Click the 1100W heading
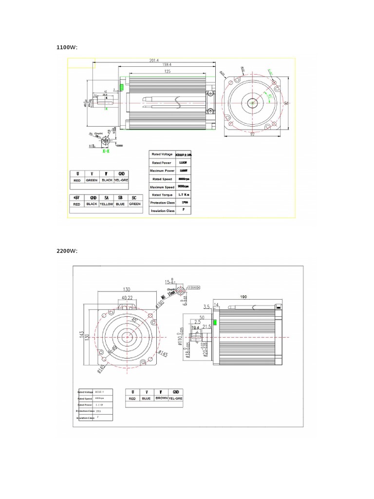coord(68,47)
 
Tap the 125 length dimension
coord(168,72)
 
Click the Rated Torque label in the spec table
coord(163,195)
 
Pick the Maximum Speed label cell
coord(163,187)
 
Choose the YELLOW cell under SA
coord(106,204)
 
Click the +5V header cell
coord(76,197)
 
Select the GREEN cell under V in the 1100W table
coord(92,180)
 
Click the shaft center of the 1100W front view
coord(253,103)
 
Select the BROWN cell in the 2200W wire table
coord(161,398)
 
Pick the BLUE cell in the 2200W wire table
coord(147,398)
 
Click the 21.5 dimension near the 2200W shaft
coord(206,326)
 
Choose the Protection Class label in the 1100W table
coord(163,203)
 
